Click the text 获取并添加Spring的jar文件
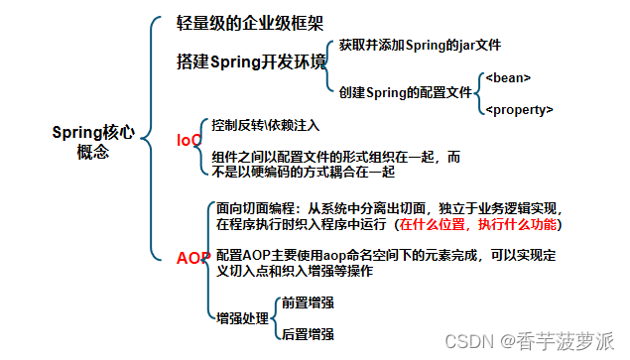(x=420, y=46)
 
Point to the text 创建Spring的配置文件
(x=405, y=91)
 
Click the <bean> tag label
(x=508, y=76)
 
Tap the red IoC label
(x=189, y=141)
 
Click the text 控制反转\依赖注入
(x=266, y=126)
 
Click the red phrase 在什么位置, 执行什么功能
(x=478, y=225)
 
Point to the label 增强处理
(x=243, y=318)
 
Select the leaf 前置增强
(x=307, y=302)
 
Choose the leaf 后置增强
(x=307, y=334)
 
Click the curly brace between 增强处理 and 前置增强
(x=273, y=318)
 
